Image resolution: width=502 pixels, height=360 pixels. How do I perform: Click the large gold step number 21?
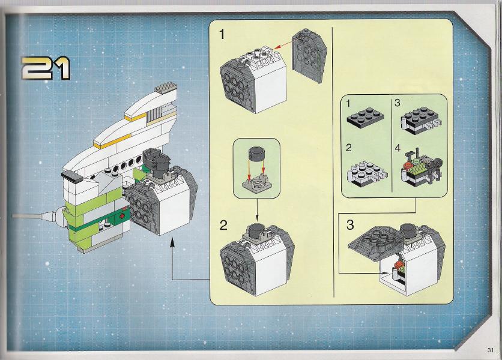coord(46,68)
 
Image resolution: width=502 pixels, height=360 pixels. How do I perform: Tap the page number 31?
coord(491,350)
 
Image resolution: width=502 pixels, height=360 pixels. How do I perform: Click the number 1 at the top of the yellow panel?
coord(222,34)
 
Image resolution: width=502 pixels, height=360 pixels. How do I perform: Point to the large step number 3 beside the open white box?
coord(350,225)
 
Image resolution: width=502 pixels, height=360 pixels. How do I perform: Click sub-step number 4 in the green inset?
coord(398,148)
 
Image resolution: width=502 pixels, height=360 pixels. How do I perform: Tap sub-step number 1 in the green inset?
coord(349,104)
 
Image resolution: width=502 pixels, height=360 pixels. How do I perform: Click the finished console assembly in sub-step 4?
coord(422,168)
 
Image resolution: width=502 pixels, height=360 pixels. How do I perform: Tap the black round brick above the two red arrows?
coord(257,155)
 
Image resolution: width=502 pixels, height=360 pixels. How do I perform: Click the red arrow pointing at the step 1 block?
coord(283,46)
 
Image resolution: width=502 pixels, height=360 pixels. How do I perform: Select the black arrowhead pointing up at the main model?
coord(172,242)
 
